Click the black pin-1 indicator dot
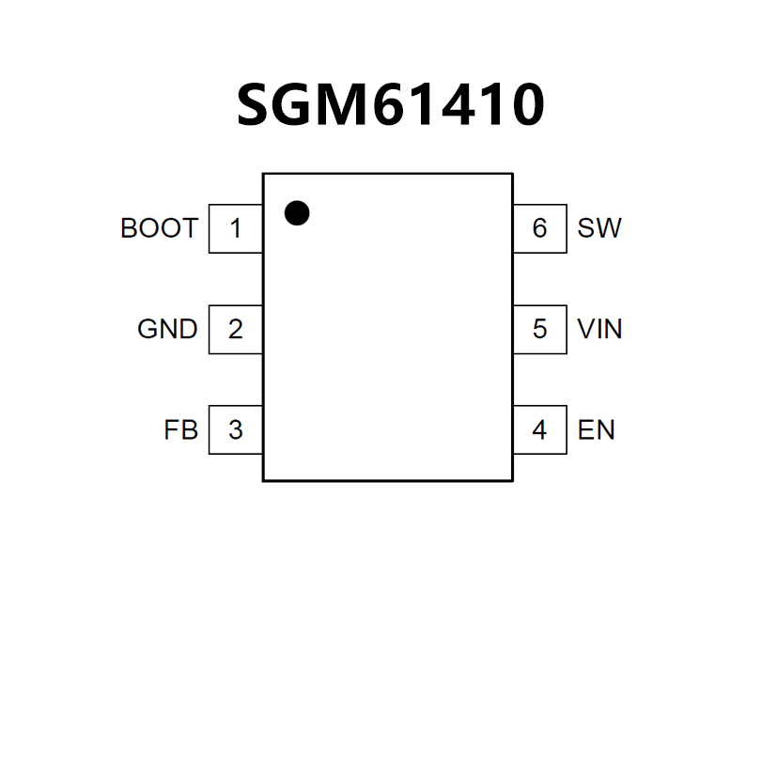pyautogui.click(x=297, y=213)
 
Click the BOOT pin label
pyautogui.click(x=159, y=228)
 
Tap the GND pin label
pyautogui.click(x=167, y=330)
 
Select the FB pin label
pyautogui.click(x=180, y=430)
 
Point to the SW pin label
pyautogui.click(x=599, y=228)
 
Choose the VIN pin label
pyautogui.click(x=599, y=330)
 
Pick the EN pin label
pyautogui.click(x=597, y=430)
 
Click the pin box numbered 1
pyautogui.click(x=235, y=228)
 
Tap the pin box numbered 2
pyautogui.click(x=235, y=330)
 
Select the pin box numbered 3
pyautogui.click(x=235, y=430)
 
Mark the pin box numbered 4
pyautogui.click(x=539, y=430)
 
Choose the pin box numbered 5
pyautogui.click(x=539, y=330)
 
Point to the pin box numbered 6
pyautogui.click(x=539, y=228)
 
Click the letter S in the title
pyautogui.click(x=256, y=105)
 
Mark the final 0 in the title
pyautogui.click(x=524, y=105)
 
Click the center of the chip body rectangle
pyautogui.click(x=387, y=327)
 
